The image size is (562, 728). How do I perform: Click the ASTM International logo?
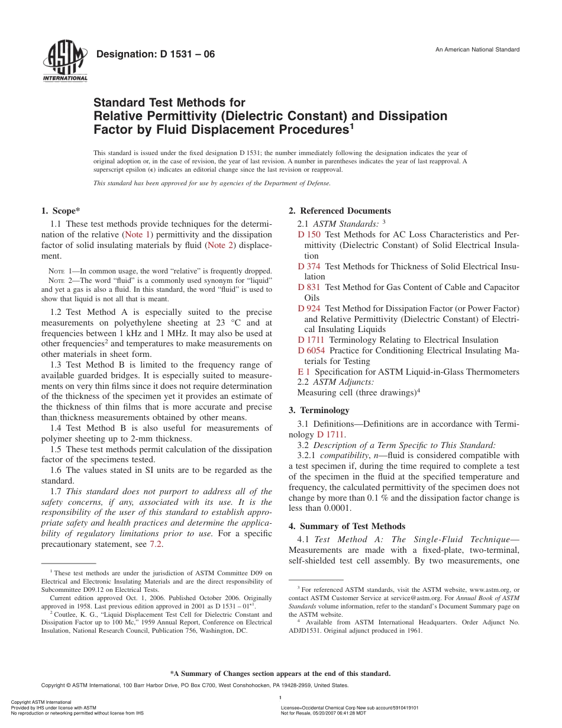(65, 62)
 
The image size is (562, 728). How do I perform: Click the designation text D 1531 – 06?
(156, 54)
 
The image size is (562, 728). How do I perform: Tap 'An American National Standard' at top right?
(477, 50)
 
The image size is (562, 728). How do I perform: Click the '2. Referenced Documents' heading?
(340, 211)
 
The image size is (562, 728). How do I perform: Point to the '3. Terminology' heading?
(319, 410)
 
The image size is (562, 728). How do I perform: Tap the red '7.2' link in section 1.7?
(156, 545)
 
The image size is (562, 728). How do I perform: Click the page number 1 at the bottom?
(280, 698)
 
